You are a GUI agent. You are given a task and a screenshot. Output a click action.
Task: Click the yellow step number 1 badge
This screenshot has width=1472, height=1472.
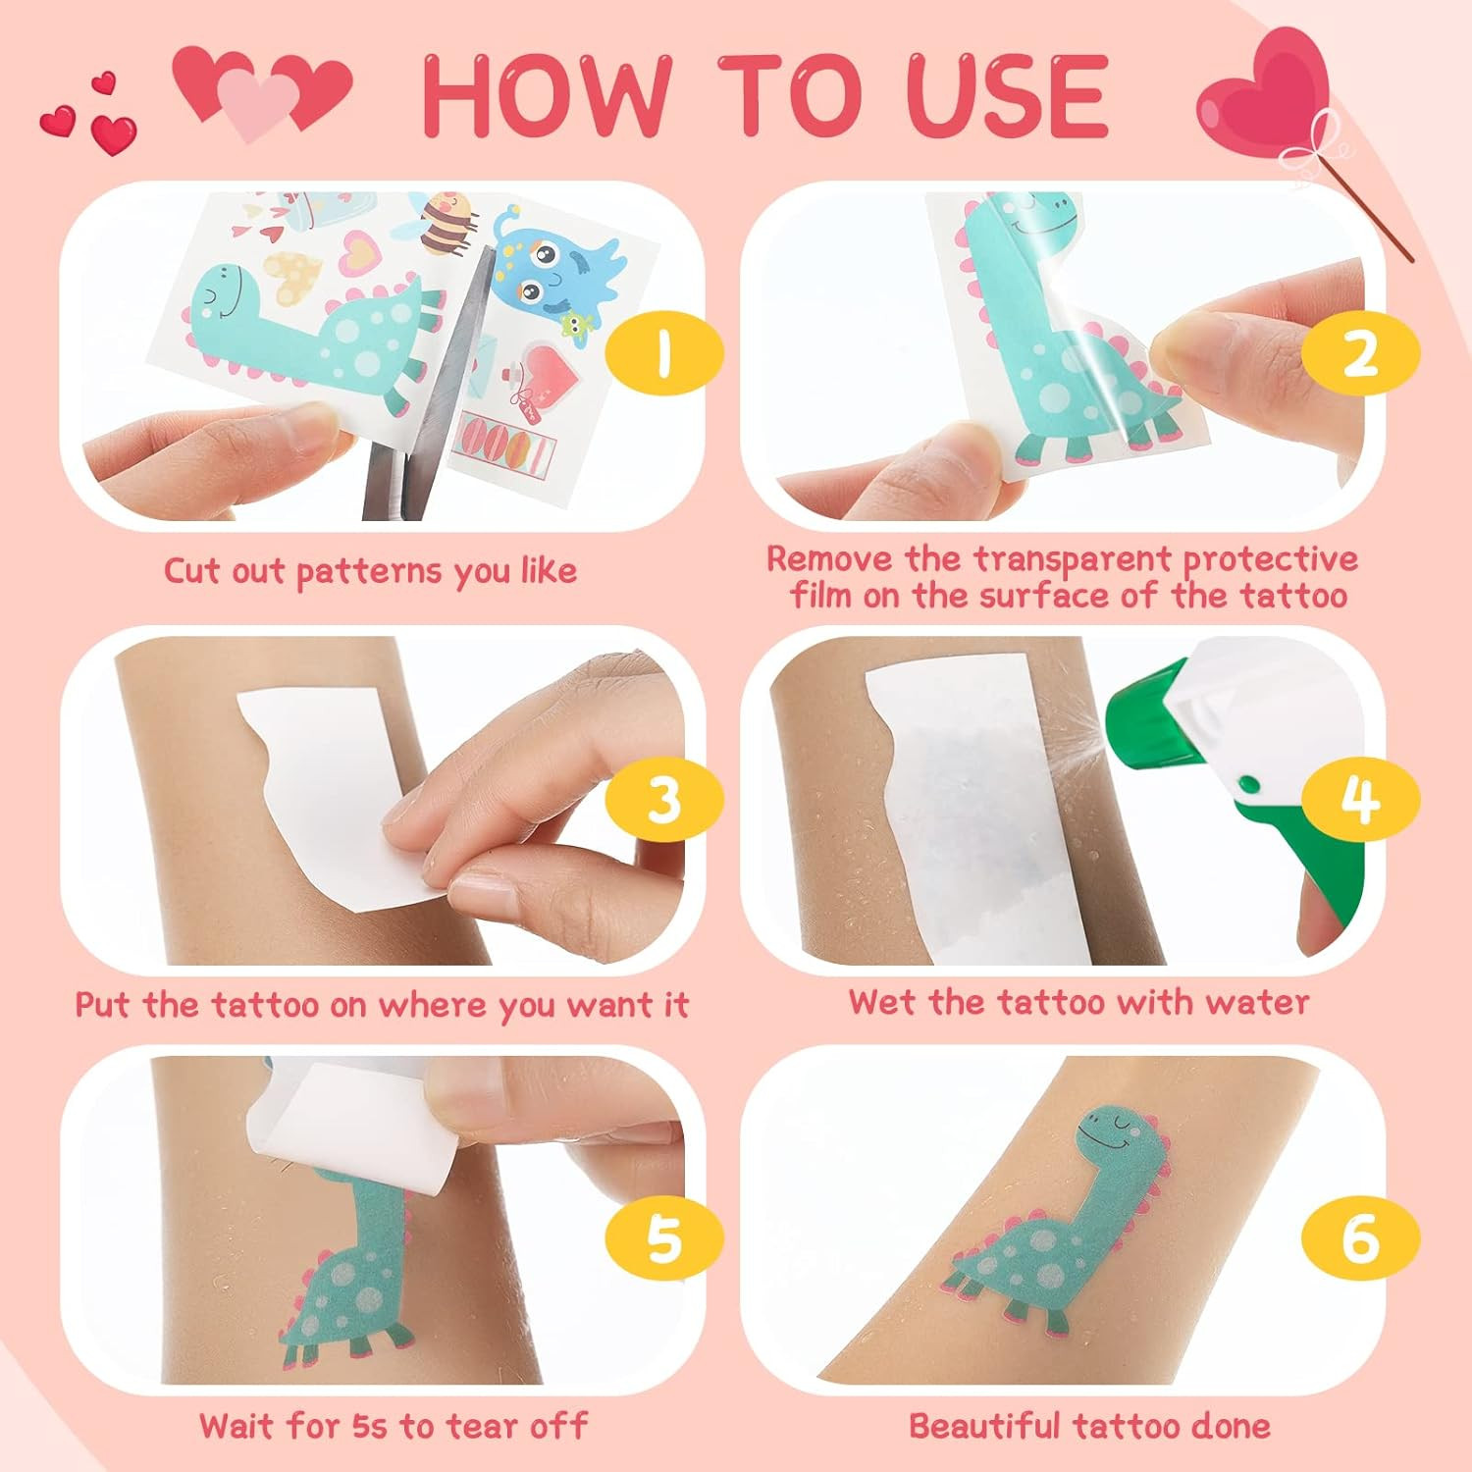pos(664,353)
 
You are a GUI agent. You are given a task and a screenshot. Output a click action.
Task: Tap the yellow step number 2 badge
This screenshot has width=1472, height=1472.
pos(1360,353)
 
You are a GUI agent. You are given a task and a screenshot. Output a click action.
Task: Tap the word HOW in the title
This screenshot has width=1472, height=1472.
pos(548,95)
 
